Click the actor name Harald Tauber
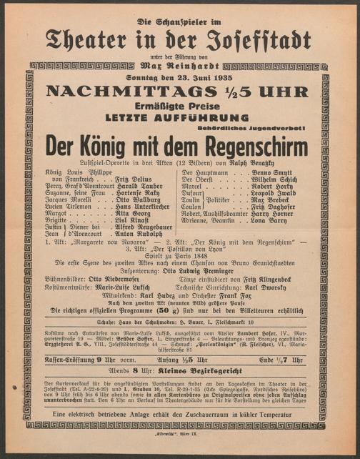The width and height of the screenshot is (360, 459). pyautogui.click(x=142, y=186)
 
